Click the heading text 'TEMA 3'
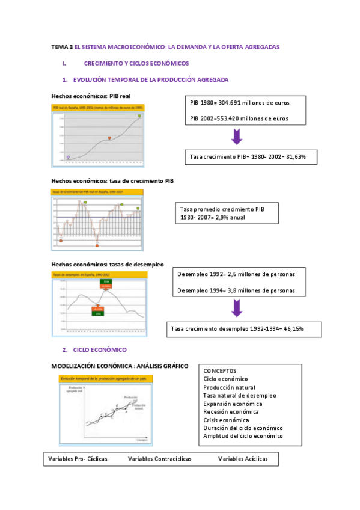(62, 46)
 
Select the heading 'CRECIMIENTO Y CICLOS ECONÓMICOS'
(136, 63)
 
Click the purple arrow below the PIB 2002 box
(237, 136)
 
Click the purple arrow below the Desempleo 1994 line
(237, 307)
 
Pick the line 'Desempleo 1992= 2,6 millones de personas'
(236, 275)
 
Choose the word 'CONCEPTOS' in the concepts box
(220, 371)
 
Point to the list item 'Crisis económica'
(226, 420)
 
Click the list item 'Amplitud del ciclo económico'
(243, 436)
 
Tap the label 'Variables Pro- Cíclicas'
(78, 459)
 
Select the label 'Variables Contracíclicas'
(160, 459)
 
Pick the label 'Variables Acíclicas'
(243, 459)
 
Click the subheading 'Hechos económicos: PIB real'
(91, 96)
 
